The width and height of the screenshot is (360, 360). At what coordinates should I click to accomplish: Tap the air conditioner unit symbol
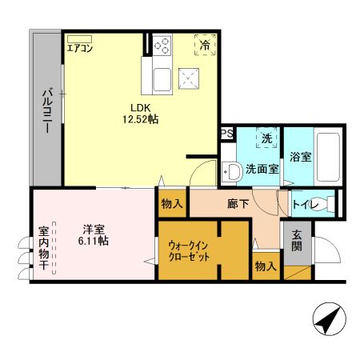pyautogui.click(x=79, y=38)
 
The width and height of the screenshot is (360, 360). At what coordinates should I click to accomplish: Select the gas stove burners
pyautogui.click(x=162, y=43)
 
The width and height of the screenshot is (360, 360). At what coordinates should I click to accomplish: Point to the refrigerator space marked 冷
pyautogui.click(x=206, y=45)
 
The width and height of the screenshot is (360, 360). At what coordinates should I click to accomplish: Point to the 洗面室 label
pyautogui.click(x=262, y=169)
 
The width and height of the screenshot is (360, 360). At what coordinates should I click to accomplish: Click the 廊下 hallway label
pyautogui.click(x=238, y=205)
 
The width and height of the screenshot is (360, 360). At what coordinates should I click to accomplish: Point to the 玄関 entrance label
pyautogui.click(x=296, y=241)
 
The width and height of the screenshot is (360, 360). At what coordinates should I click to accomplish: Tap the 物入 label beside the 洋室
pyautogui.click(x=172, y=205)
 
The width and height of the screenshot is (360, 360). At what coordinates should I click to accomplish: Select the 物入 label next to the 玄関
pyautogui.click(x=266, y=266)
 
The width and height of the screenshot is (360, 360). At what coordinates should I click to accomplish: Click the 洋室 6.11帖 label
pyautogui.click(x=94, y=234)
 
